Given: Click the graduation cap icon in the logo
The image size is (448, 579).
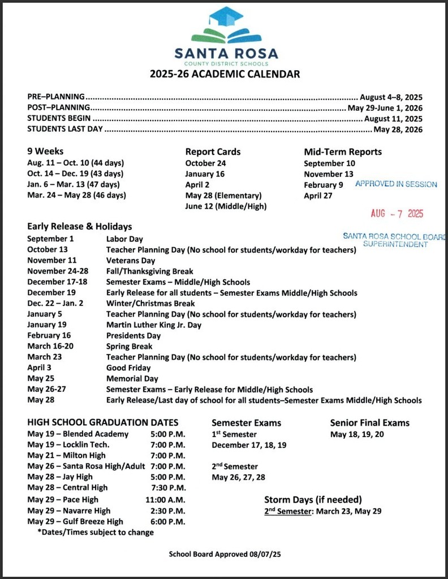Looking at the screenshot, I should [x=225, y=17].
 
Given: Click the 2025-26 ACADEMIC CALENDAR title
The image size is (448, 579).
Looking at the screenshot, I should [x=225, y=74].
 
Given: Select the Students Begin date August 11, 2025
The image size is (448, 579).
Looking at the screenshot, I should [x=393, y=119].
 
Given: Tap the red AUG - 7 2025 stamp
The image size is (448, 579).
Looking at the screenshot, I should [x=397, y=214].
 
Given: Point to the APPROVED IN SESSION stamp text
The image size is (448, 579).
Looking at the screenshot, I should [x=396, y=184].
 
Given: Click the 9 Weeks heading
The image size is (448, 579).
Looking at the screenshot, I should [x=45, y=152].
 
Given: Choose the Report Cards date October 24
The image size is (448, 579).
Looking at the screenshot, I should [x=205, y=163].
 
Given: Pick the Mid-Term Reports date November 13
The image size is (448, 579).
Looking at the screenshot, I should [x=328, y=174].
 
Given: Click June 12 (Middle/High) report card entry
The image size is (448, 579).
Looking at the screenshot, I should [x=226, y=206].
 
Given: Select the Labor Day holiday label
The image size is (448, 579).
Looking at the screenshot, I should [x=124, y=239].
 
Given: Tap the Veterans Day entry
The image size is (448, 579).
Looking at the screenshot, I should [x=130, y=261].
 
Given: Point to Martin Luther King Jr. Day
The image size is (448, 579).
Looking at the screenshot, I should [x=153, y=325].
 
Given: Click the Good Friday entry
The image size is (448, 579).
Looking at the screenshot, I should [x=128, y=368].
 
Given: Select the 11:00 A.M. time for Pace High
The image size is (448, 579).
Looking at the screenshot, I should [x=165, y=500].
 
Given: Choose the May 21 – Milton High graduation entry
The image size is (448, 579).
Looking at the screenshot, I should [x=66, y=456].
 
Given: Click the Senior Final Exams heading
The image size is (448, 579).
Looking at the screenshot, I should [x=369, y=423].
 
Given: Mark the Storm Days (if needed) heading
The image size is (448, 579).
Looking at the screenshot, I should [x=313, y=500].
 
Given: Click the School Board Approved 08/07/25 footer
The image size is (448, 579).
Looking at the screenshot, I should [x=225, y=554].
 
